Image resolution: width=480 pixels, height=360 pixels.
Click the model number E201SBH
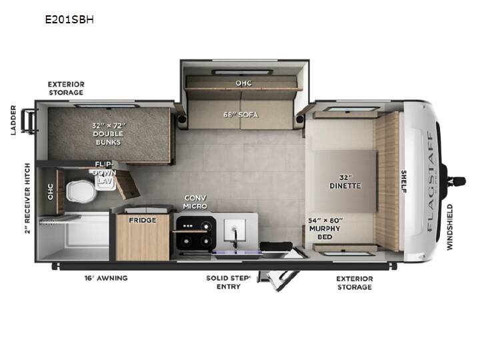[x=69, y=19]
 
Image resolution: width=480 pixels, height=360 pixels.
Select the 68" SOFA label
[x=241, y=115]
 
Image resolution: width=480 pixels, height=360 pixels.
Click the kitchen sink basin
[x=235, y=229]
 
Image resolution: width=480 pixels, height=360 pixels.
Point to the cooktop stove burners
[x=196, y=234]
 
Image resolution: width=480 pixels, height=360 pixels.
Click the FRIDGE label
[x=143, y=220]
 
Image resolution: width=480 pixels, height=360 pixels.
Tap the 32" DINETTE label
[x=345, y=182]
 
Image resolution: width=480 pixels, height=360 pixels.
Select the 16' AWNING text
[x=106, y=278]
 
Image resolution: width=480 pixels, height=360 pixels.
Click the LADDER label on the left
[x=13, y=120]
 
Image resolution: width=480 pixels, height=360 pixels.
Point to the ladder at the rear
[x=28, y=121]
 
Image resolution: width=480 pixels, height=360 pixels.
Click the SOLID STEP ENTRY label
[x=229, y=282]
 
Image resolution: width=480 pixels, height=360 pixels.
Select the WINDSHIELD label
[x=449, y=227]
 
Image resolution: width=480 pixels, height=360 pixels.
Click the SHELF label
[x=403, y=181]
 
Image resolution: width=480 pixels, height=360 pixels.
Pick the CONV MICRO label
[x=195, y=202]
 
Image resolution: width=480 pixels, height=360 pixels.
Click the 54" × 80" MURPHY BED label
[x=325, y=229]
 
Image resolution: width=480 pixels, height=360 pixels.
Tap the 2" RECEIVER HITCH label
[x=27, y=199]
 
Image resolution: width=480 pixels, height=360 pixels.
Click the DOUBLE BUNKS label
[x=109, y=138]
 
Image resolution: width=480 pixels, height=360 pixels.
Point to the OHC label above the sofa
[x=244, y=83]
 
